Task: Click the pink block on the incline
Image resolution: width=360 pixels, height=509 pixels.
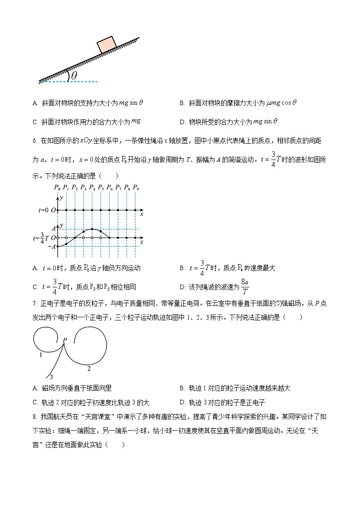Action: pyautogui.click(x=107, y=44)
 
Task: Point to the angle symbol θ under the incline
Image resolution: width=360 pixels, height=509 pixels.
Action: pyautogui.click(x=74, y=75)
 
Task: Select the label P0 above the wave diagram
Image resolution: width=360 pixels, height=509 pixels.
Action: pyautogui.click(x=57, y=187)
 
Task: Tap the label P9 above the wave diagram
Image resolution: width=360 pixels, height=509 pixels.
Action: pyautogui.click(x=136, y=187)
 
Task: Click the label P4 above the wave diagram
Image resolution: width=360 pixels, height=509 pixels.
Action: pyautogui.click(x=92, y=187)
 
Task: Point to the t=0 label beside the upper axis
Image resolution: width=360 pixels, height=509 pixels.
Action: pyautogui.click(x=44, y=210)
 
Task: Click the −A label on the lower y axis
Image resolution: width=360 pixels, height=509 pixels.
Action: pyautogui.click(x=52, y=247)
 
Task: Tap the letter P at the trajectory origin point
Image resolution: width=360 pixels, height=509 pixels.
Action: pyautogui.click(x=65, y=339)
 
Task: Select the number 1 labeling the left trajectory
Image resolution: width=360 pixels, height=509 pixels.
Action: pyautogui.click(x=40, y=355)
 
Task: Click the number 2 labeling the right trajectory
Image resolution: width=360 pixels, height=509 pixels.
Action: pyautogui.click(x=89, y=368)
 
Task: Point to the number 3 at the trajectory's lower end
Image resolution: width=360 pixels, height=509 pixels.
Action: pyautogui.click(x=51, y=377)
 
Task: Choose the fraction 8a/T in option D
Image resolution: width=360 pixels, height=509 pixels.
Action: pyautogui.click(x=245, y=287)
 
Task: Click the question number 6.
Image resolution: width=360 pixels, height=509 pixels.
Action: pyautogui.click(x=34, y=141)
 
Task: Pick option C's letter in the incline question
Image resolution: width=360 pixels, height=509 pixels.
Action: pyautogui.click(x=35, y=122)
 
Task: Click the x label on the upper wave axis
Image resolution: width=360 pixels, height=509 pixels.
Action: pyautogui.click(x=141, y=214)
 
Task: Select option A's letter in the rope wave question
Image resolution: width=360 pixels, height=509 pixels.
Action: pyautogui.click(x=35, y=268)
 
